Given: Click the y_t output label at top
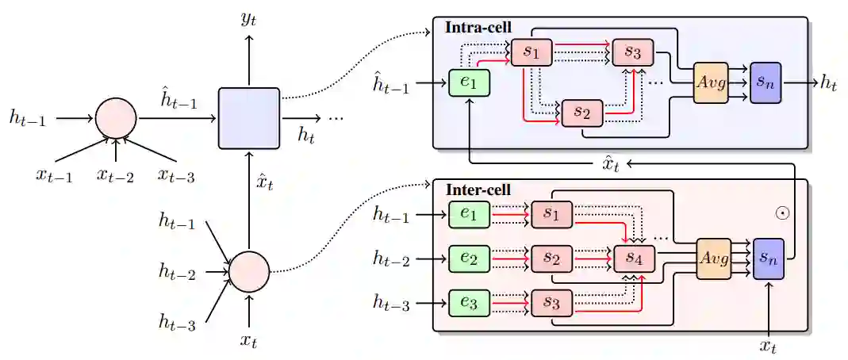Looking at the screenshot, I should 248,19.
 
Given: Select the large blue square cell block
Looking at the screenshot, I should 249,118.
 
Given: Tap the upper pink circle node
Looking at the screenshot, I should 116,119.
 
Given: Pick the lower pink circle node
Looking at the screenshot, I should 249,270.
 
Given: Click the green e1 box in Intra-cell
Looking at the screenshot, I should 468,83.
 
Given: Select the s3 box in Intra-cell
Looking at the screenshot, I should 632,52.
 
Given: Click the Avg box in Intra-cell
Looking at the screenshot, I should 711,82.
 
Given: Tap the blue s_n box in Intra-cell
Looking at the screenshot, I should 766,82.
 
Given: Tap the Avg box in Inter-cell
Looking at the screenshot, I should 713,259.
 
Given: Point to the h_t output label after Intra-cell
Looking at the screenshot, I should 828,82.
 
